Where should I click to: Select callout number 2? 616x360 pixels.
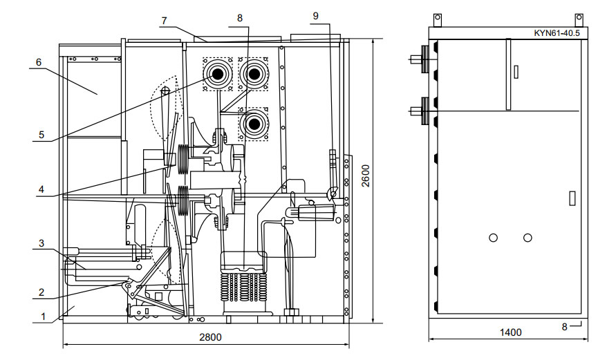43,292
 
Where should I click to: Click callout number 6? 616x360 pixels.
39,62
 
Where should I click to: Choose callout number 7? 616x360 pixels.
164,21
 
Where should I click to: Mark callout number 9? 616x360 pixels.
316,15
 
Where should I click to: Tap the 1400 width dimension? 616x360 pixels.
510,333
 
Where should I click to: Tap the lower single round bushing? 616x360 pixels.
254,124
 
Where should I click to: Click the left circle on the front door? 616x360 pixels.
493,238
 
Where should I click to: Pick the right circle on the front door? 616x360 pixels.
528,238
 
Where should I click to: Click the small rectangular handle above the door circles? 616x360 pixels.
571,198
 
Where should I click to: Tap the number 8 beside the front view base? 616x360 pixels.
565,327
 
